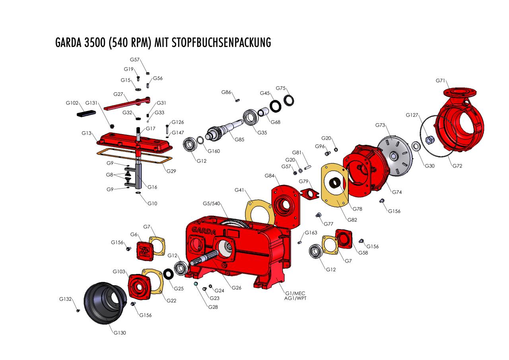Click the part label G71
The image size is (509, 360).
(x=440, y=81)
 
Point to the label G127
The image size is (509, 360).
(x=412, y=115)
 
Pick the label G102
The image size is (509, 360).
(x=72, y=103)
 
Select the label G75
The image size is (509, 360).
(x=281, y=88)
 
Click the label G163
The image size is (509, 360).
(x=311, y=233)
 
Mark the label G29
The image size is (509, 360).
(x=171, y=171)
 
